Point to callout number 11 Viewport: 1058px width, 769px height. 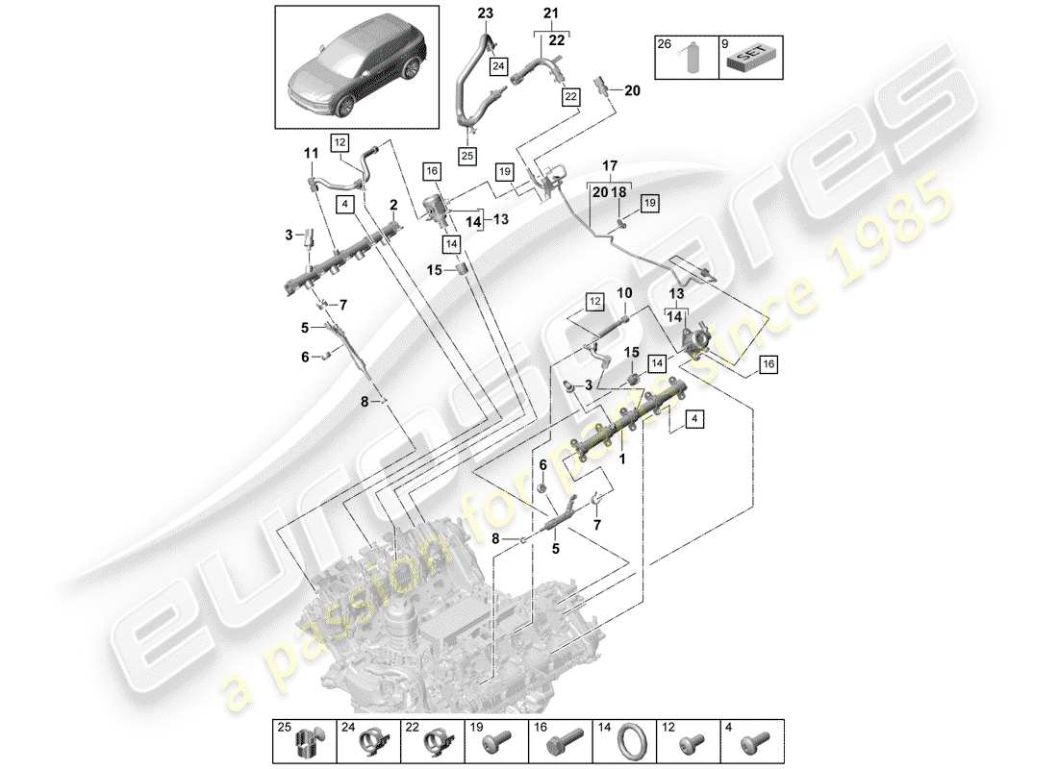[x=310, y=154]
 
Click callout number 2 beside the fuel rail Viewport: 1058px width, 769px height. [x=393, y=205]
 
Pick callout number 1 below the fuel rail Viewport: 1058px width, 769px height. [x=622, y=459]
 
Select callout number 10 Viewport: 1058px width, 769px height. [x=623, y=292]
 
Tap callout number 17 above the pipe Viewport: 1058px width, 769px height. [x=608, y=165]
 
